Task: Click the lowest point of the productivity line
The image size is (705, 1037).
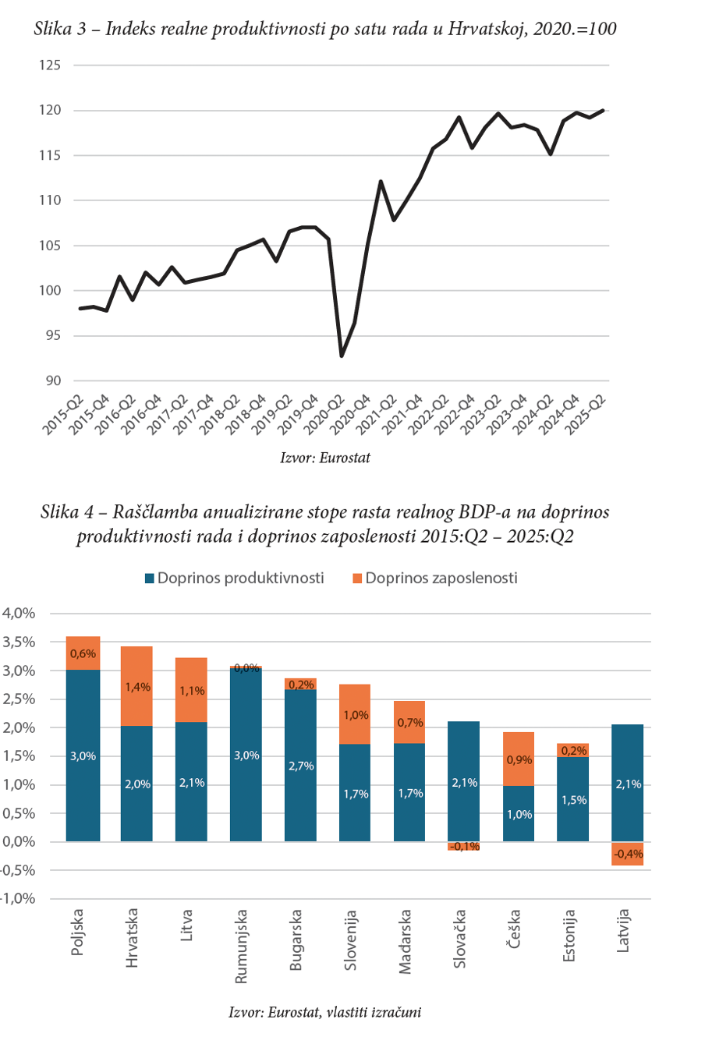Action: click(342, 356)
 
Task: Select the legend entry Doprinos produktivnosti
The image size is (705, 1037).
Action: click(234, 579)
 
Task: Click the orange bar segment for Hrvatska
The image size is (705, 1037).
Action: click(137, 686)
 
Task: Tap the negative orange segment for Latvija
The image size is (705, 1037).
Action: click(628, 854)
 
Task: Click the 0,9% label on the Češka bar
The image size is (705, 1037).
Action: click(519, 759)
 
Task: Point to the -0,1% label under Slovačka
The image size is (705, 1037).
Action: click(464, 847)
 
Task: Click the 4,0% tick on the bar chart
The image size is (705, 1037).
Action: click(20, 614)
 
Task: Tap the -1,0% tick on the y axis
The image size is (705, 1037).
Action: click(19, 899)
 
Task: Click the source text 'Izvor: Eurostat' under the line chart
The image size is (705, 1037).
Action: click(324, 458)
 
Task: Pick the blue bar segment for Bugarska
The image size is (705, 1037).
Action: click(301, 766)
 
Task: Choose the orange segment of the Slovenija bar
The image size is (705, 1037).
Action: click(356, 714)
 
